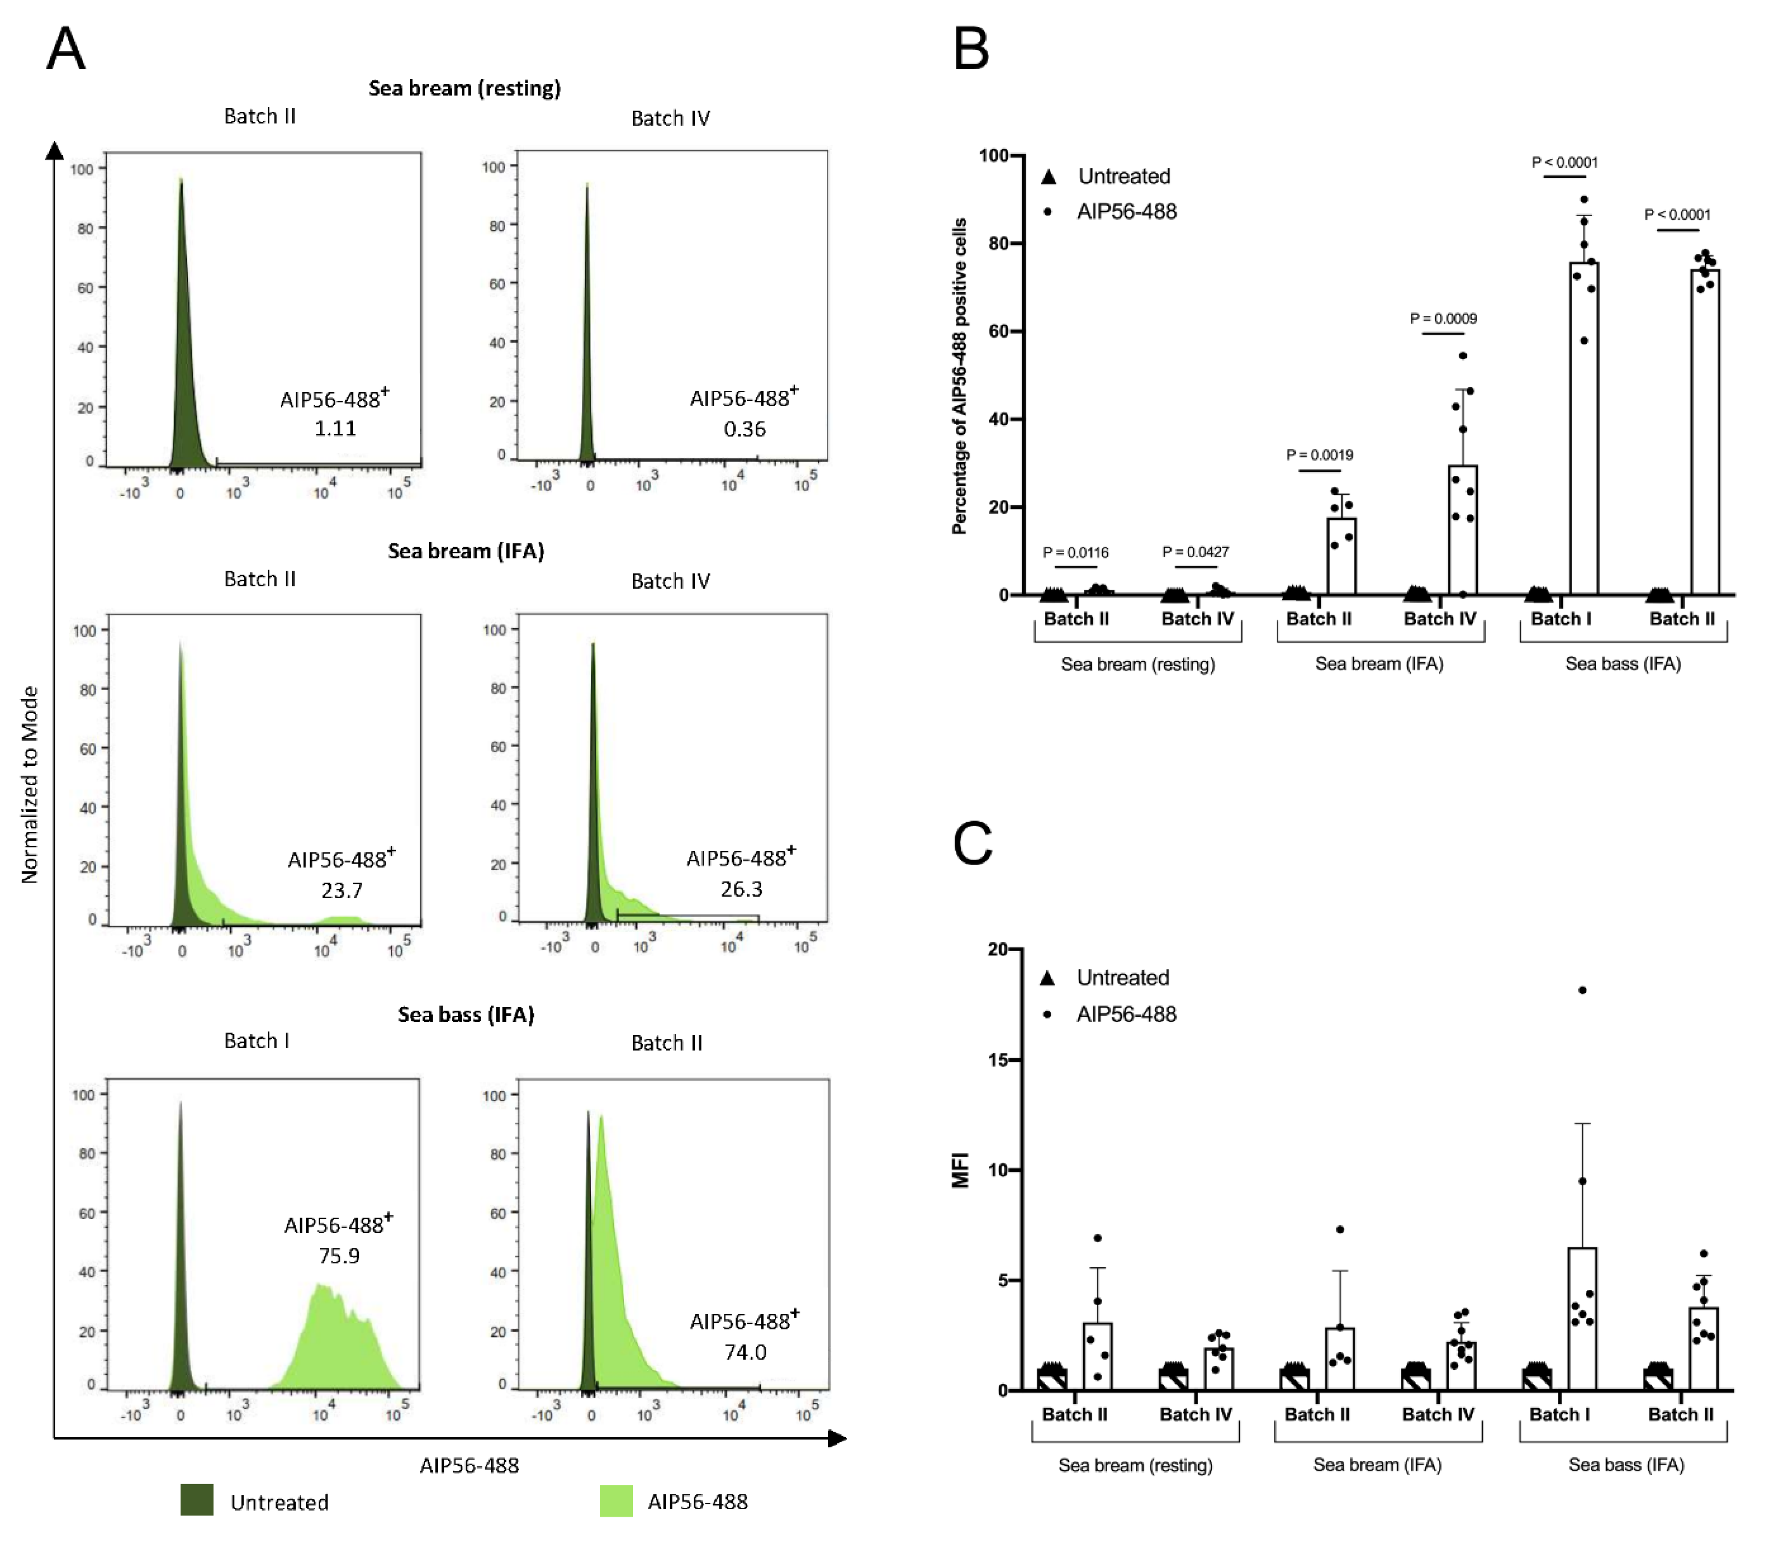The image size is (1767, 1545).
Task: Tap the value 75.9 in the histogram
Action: click(x=339, y=1256)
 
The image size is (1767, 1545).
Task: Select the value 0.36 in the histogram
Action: click(x=744, y=428)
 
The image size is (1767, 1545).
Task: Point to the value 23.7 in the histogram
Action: click(x=342, y=890)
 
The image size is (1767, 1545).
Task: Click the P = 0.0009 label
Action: click(x=1443, y=318)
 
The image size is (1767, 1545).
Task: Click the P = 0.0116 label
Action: click(x=1075, y=552)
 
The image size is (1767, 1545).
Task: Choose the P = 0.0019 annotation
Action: click(x=1319, y=454)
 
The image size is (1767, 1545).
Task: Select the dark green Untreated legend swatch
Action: click(x=197, y=1500)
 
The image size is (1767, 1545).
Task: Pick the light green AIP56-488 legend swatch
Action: click(x=616, y=1500)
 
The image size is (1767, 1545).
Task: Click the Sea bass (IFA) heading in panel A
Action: click(x=466, y=1014)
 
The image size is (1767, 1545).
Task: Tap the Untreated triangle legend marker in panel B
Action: click(x=1048, y=177)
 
